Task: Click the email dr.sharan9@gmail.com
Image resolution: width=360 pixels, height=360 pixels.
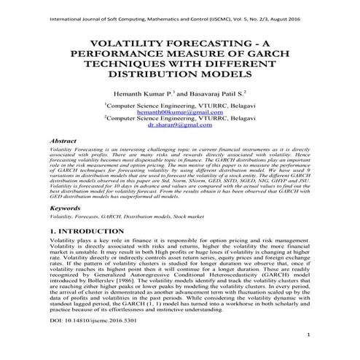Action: (x=180, y=125)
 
